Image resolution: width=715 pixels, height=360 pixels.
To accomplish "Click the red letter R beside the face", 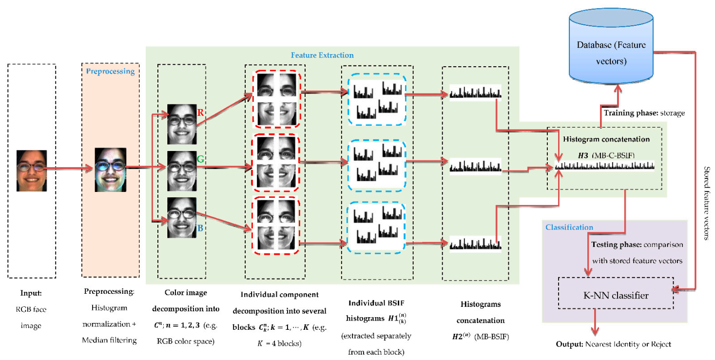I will pos(200,113).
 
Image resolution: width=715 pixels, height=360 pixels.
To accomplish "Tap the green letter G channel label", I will pos(200,159).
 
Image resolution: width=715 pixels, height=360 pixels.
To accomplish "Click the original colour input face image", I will pos(32,171).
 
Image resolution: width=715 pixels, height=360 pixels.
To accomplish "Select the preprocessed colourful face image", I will pos(111,170).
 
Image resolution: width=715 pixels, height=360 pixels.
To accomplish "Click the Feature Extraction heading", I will pos(323,55).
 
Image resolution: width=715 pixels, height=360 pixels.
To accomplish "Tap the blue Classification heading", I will pos(569,227).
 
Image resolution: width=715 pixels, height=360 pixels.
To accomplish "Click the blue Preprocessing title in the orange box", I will pos(110,71).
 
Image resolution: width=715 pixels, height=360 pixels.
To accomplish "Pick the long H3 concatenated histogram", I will pos(605,167).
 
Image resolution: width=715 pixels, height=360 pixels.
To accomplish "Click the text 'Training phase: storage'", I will pos(644,114).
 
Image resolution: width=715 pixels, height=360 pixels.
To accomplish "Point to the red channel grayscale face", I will pos(181,124).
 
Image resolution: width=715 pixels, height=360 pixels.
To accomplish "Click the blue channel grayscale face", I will pos(181,217).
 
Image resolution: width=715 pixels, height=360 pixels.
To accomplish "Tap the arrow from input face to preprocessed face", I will pos(68,170).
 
